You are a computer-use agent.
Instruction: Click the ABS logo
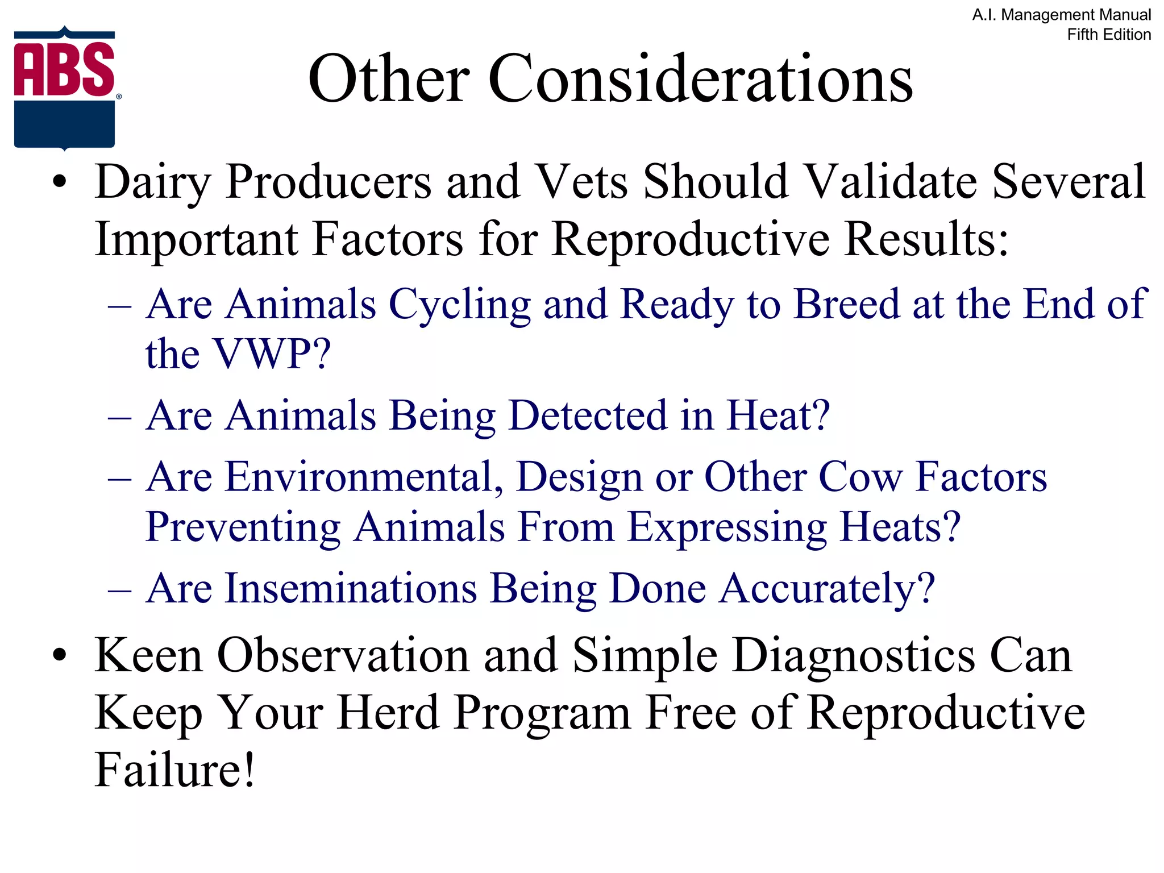pos(65,88)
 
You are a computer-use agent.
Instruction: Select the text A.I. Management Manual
pos(1061,15)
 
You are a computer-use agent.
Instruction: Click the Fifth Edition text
pos(1108,35)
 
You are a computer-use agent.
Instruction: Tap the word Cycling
pos(459,305)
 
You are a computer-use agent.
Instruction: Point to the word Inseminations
pos(351,588)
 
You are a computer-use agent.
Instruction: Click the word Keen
pos(148,656)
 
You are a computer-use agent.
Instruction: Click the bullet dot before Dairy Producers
pos(59,183)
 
